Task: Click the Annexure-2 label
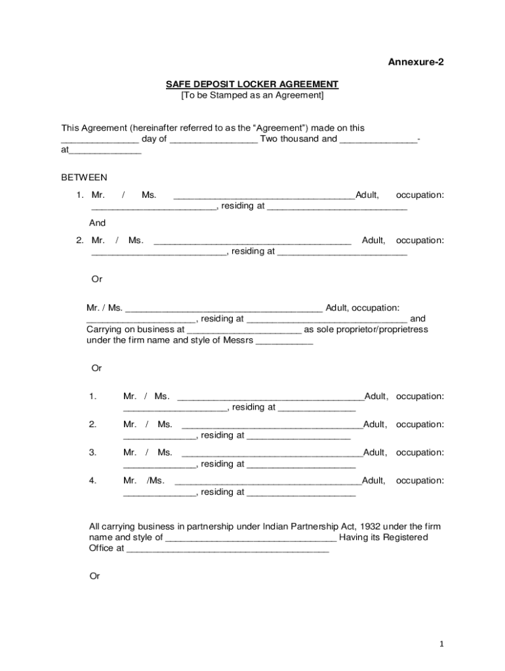pos(416,62)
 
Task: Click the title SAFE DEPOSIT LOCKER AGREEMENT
pos(252,85)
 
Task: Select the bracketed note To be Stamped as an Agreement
pos(252,96)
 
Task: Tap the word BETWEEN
pos(84,178)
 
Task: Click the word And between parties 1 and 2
pos(97,223)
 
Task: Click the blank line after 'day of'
pos(213,140)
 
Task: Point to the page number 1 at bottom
pos(442,644)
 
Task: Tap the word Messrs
pos(237,341)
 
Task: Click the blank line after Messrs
pos(284,343)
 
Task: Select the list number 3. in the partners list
pos(92,452)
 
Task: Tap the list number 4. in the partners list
pos(92,480)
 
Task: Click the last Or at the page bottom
pos(94,576)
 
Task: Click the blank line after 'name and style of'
pos(251,539)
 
